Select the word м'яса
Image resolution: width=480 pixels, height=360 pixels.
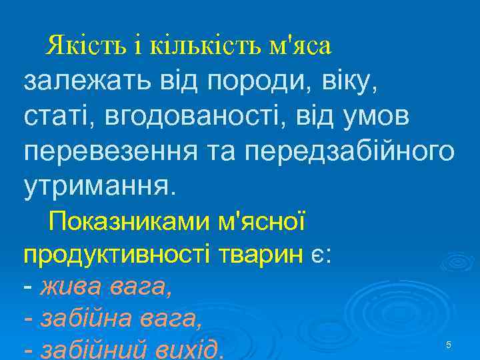(x=299, y=46)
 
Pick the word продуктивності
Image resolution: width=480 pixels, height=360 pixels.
(x=117, y=255)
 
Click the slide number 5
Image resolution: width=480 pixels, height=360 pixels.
(x=449, y=345)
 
